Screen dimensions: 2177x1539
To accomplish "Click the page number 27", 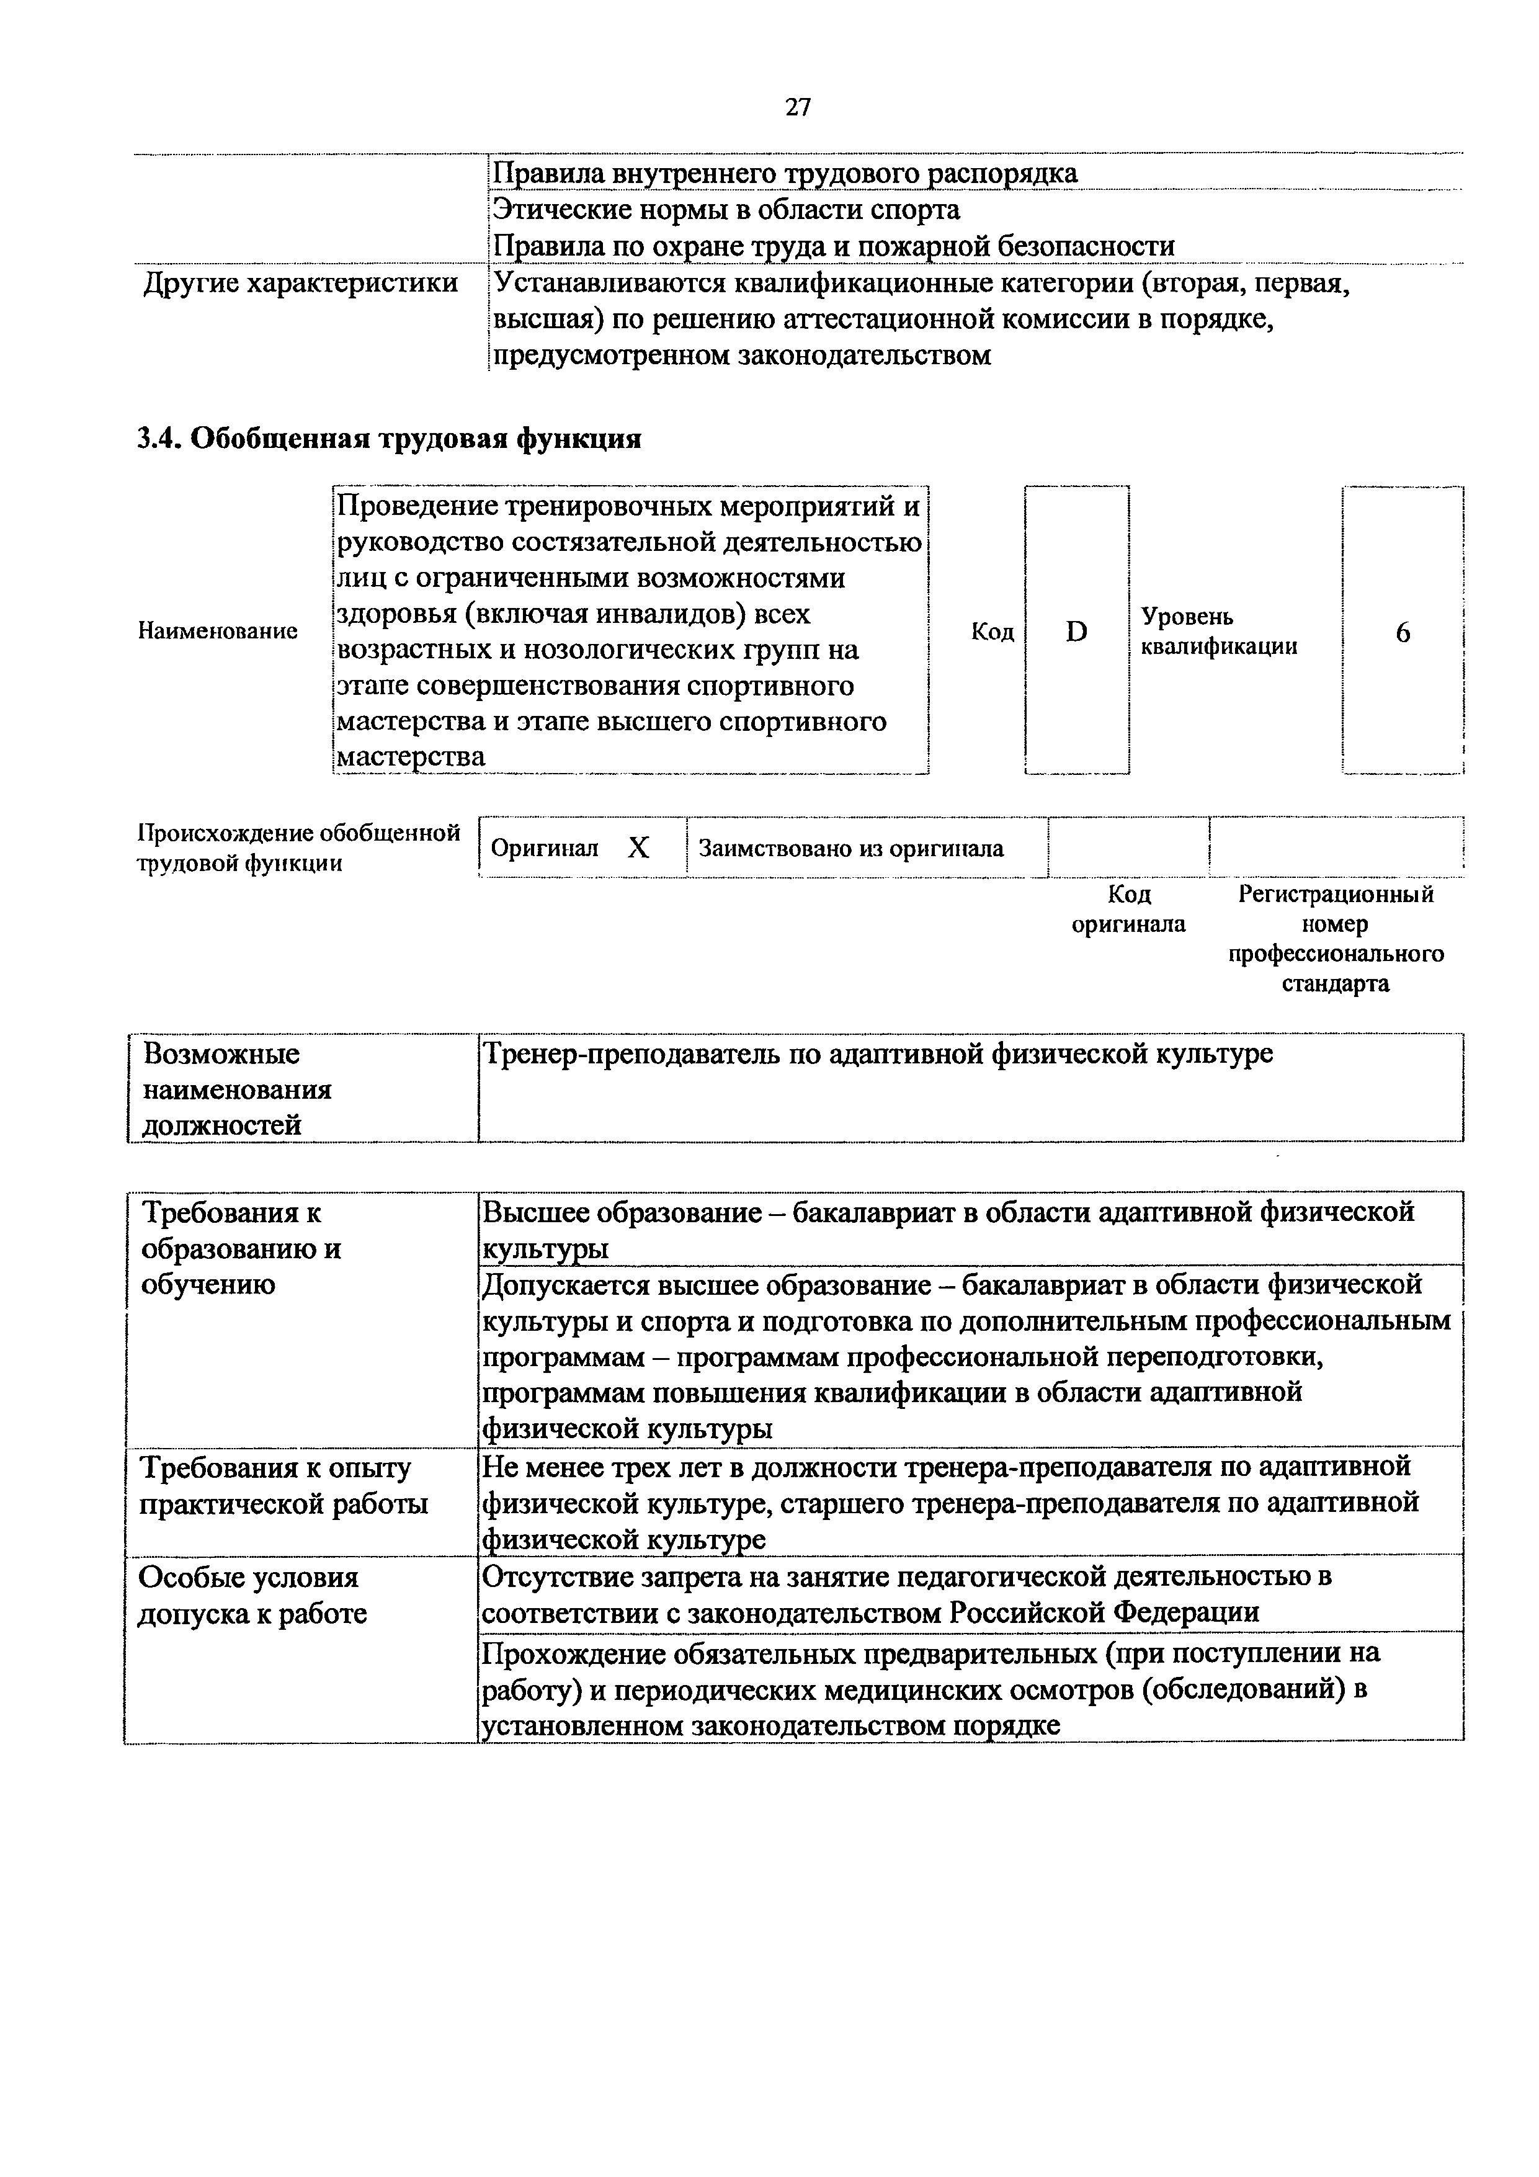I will pyautogui.click(x=798, y=107).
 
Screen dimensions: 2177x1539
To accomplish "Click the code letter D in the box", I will pyautogui.click(x=1076, y=632).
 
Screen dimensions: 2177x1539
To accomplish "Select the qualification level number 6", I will pyautogui.click(x=1403, y=632).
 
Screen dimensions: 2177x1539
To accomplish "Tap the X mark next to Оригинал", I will pyautogui.click(x=638, y=847).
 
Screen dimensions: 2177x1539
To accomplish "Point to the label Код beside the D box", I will pyautogui.click(x=993, y=632).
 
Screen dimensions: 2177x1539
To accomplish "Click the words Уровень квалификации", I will pyautogui.click(x=1218, y=632).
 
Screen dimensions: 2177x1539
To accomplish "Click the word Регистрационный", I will pyautogui.click(x=1336, y=894).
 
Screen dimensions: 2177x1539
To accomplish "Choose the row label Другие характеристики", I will pyautogui.click(x=301, y=282).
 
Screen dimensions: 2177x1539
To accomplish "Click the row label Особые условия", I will pyautogui.click(x=249, y=1578).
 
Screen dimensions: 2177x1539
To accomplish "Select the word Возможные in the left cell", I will pyautogui.click(x=221, y=1054).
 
